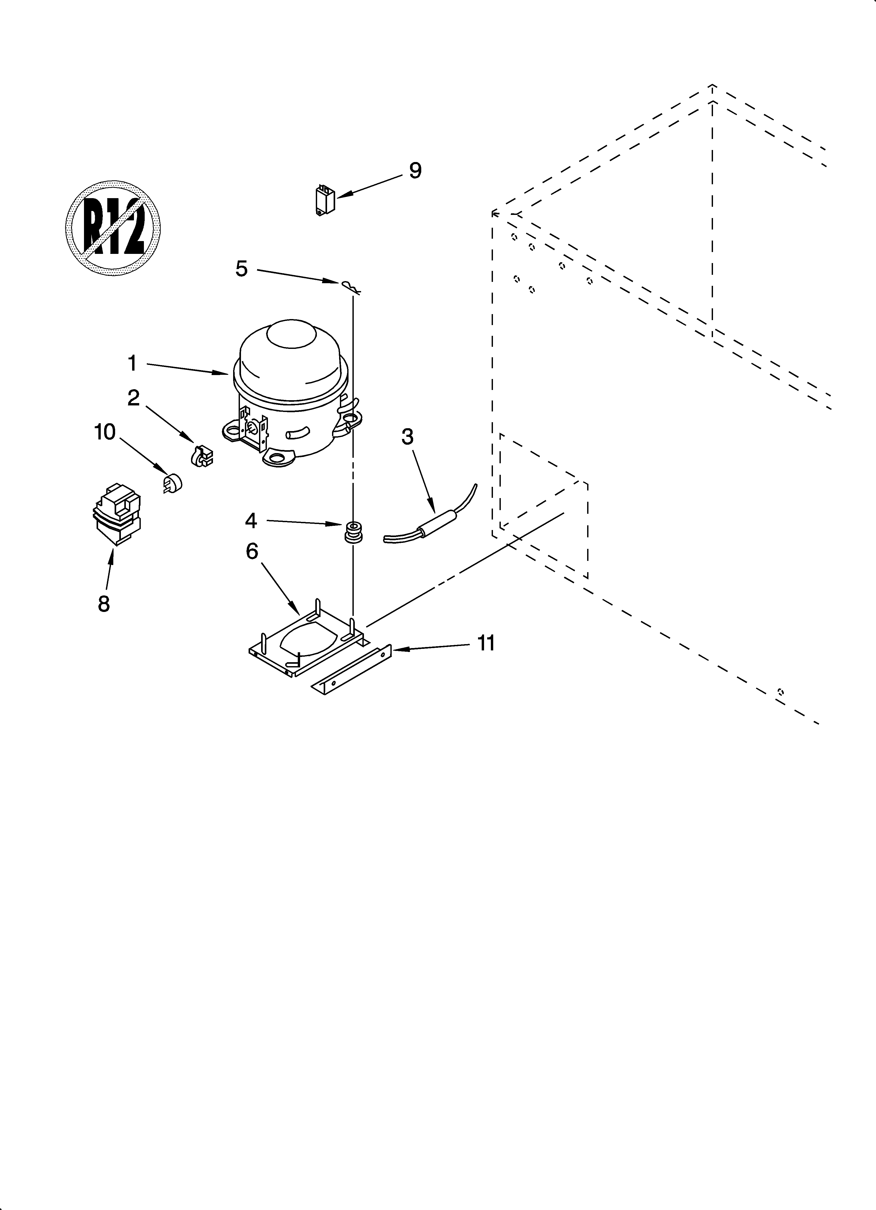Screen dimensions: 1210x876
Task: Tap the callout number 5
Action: pos(242,268)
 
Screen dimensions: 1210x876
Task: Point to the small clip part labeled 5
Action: pos(350,287)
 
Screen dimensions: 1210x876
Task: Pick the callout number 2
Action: pos(133,398)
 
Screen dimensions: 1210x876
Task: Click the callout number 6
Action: pos(252,551)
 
